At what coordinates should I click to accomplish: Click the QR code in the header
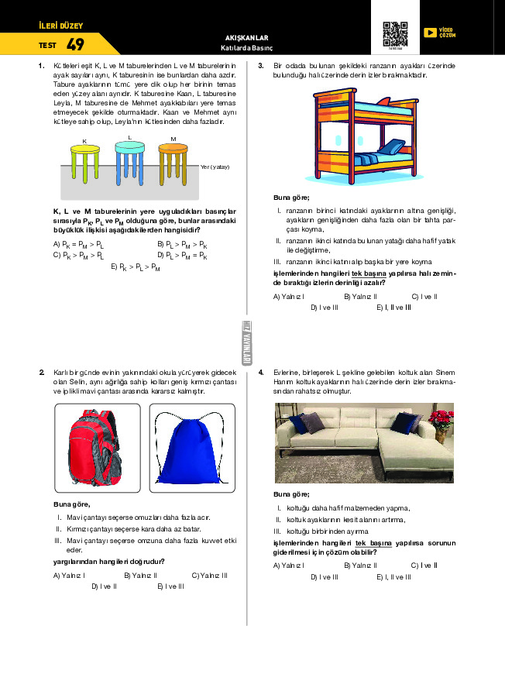[x=395, y=33]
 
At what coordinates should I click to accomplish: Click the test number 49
[x=75, y=44]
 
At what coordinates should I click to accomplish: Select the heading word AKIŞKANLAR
[x=246, y=37]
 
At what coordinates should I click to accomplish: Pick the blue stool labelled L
[x=129, y=162]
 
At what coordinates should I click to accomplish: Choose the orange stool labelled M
[x=173, y=163]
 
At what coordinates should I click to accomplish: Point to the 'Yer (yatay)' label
[x=215, y=167]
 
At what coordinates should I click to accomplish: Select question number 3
[x=261, y=66]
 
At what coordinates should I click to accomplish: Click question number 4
[x=261, y=373]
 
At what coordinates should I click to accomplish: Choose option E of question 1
[x=136, y=267]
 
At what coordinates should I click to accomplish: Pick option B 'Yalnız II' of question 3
[x=359, y=296]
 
